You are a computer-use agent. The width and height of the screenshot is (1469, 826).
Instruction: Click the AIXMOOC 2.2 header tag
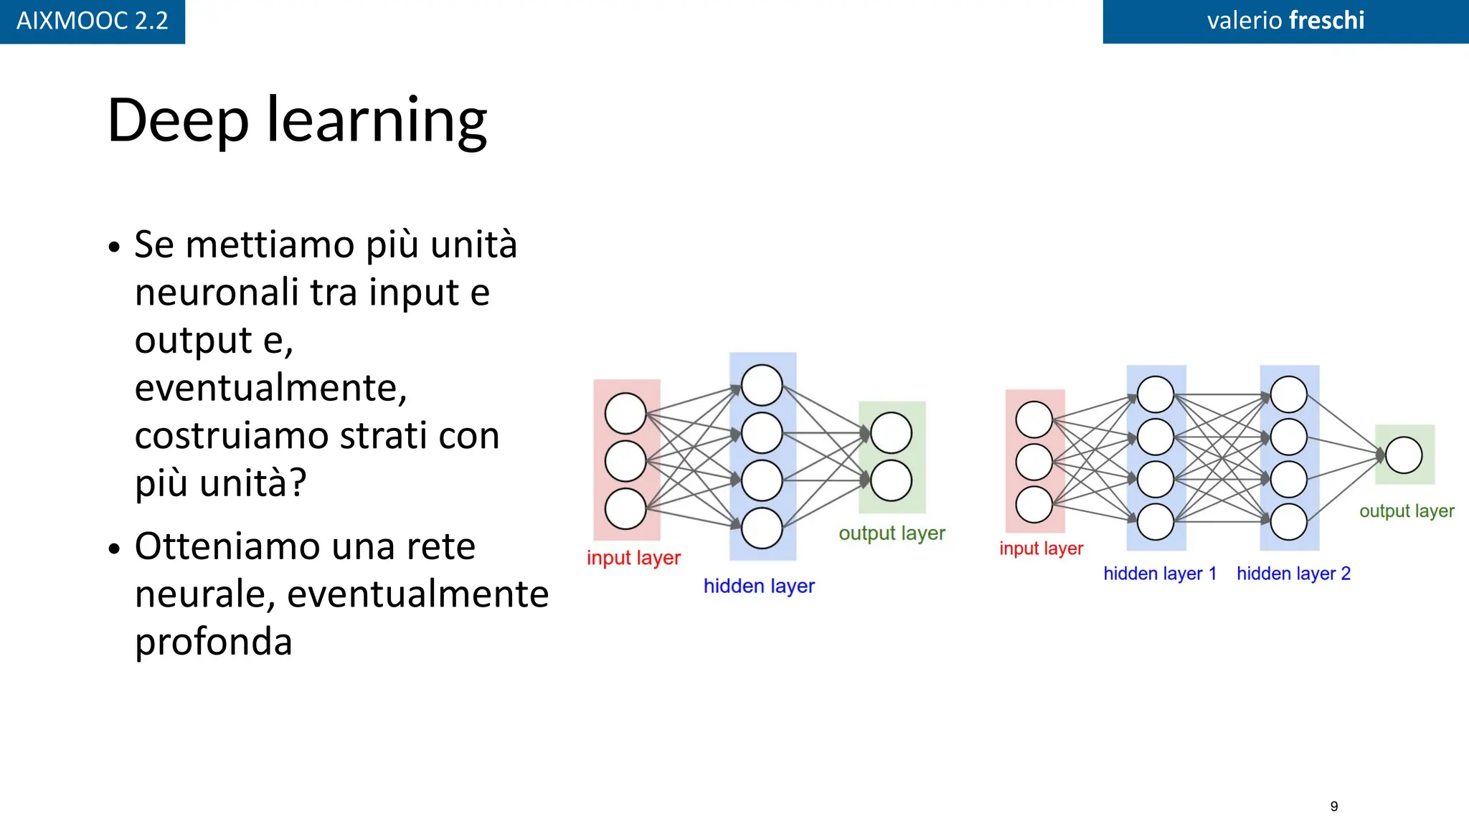pyautogui.click(x=92, y=21)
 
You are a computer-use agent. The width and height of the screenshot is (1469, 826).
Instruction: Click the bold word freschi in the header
pyautogui.click(x=1326, y=21)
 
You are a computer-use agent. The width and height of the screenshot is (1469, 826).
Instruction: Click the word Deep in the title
pyautogui.click(x=178, y=120)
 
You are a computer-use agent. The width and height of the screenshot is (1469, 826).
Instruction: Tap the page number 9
pyautogui.click(x=1333, y=806)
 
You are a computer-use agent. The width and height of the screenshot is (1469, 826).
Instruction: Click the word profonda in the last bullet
pyautogui.click(x=213, y=642)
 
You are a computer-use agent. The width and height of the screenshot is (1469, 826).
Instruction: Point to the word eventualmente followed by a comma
pyautogui.click(x=270, y=388)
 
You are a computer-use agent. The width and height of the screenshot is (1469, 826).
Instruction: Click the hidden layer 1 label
pyautogui.click(x=1159, y=574)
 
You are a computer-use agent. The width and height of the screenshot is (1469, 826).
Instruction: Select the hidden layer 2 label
pyautogui.click(x=1293, y=574)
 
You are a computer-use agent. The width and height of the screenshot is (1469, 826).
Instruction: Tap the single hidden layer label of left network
pyautogui.click(x=758, y=587)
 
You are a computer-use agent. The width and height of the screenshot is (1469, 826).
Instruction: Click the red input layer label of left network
pyautogui.click(x=633, y=558)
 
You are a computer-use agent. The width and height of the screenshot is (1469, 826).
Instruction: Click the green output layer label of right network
pyautogui.click(x=1406, y=511)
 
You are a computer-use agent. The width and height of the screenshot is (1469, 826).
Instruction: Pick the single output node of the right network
pyautogui.click(x=1404, y=455)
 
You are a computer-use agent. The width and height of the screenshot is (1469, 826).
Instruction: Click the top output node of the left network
pyautogui.click(x=891, y=433)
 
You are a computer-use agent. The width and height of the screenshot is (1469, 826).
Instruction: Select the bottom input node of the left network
pyautogui.click(x=625, y=509)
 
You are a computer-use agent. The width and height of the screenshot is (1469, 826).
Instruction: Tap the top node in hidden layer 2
pyautogui.click(x=1288, y=394)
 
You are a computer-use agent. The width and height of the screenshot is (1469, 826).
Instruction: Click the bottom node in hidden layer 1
pyautogui.click(x=1156, y=521)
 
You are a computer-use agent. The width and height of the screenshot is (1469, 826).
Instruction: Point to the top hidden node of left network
pyautogui.click(x=762, y=385)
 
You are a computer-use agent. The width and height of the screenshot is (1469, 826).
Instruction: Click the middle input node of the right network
pyautogui.click(x=1034, y=462)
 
